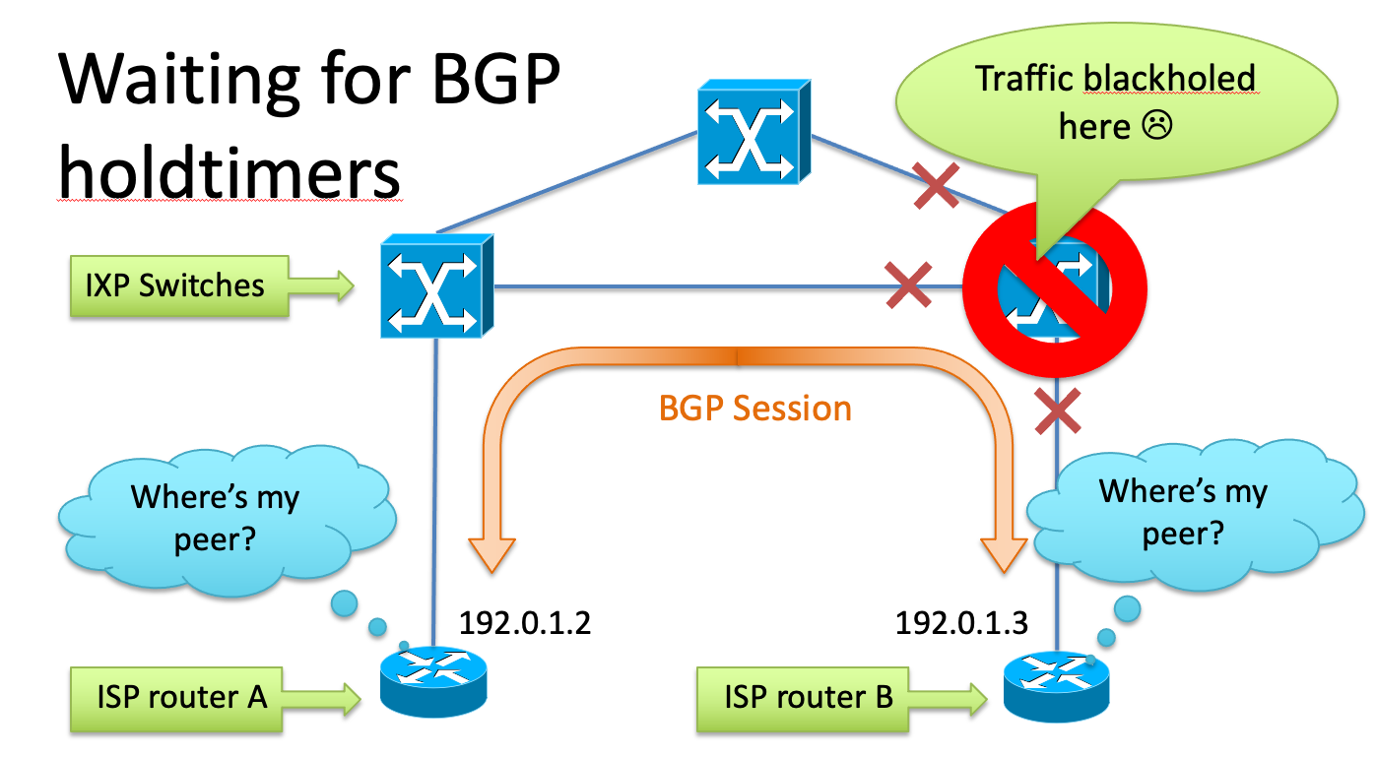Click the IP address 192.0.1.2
point(525,623)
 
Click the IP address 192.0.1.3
point(961,623)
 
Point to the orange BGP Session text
point(755,409)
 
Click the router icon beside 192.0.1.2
point(433,678)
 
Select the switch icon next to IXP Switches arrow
point(436,285)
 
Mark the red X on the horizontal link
point(908,285)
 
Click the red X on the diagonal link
point(937,187)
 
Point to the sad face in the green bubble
point(1157,125)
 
